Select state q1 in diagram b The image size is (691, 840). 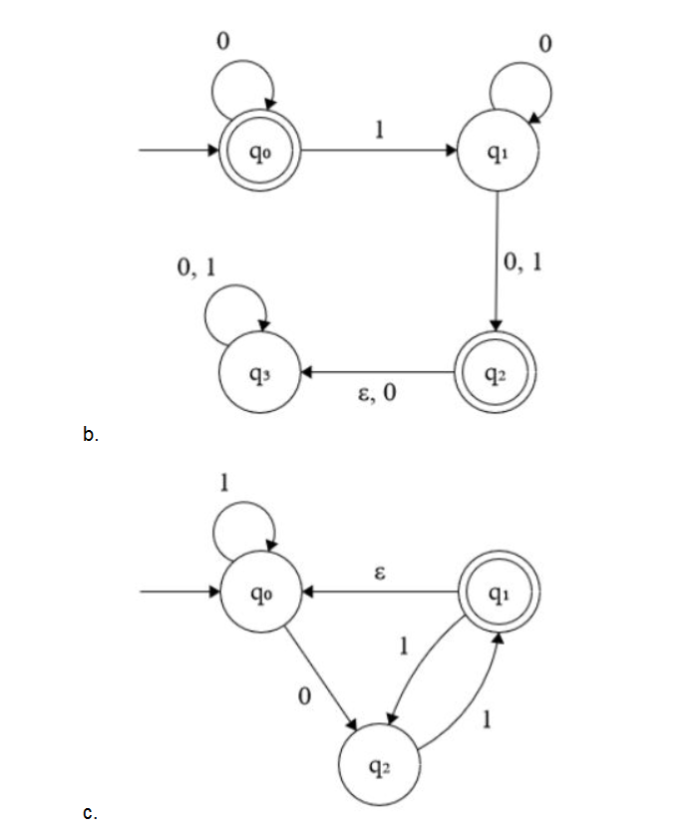497,152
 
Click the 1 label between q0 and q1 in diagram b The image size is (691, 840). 378,131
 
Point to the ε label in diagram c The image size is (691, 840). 378,574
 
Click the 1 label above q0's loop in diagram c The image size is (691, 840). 225,483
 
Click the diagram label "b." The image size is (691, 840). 90,434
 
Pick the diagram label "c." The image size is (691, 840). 90,814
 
